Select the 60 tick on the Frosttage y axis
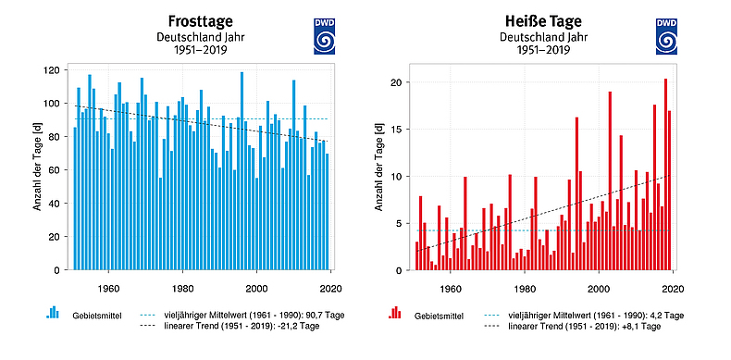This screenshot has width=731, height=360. pos(56,170)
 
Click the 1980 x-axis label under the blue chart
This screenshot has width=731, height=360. pos(182,286)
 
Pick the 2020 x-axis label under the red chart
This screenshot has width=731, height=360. pos(673,286)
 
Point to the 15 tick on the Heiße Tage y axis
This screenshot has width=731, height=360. pos(398,130)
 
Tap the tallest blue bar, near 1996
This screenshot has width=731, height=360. pos(242,171)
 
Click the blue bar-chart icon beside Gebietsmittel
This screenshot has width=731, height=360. pos(53,312)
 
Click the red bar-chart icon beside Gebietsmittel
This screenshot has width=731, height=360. pos(395,312)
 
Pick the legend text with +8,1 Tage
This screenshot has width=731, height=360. pos(583,328)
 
